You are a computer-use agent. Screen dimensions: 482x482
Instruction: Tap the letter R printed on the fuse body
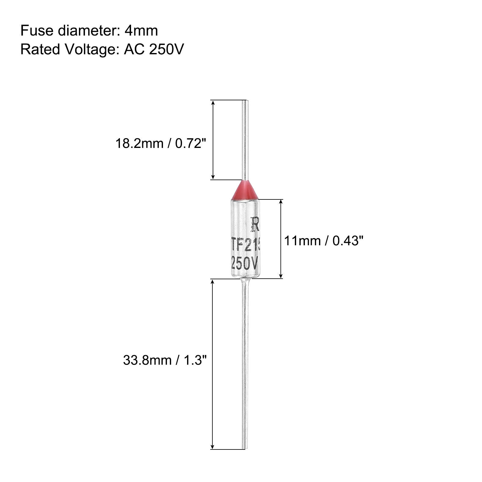tap(255, 224)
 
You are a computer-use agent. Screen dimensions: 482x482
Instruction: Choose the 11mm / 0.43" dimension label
tap(324, 241)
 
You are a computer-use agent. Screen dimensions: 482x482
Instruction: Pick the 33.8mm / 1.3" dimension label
tap(165, 360)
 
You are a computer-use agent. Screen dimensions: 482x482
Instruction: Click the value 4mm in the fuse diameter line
tap(141, 31)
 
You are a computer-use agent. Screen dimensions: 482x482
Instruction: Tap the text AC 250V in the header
tap(154, 49)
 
